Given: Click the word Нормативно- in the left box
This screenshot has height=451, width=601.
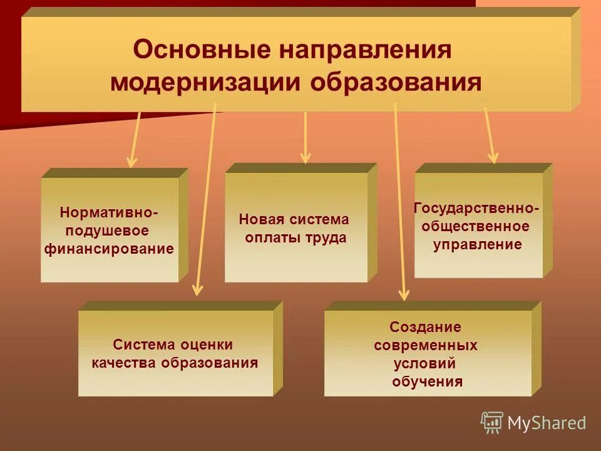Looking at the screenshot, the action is [x=109, y=213].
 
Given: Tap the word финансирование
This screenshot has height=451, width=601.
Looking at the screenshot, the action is [x=109, y=249].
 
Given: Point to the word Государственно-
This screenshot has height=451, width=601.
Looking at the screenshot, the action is [x=477, y=208].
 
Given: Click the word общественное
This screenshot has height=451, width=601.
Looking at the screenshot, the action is [x=476, y=226].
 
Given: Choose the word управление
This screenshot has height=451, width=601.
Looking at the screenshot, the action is [x=477, y=244].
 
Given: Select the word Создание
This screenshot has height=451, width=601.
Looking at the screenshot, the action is [x=425, y=327].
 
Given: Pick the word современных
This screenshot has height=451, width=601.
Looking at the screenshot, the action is [x=426, y=345].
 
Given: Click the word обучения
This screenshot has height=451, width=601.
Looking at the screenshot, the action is [x=428, y=381].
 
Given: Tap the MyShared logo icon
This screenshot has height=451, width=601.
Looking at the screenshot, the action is [x=492, y=423].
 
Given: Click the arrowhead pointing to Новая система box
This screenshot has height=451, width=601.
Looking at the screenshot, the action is [x=306, y=158].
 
